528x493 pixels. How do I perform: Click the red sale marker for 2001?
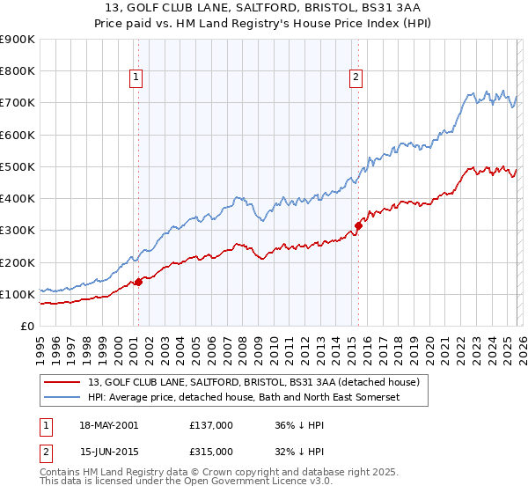pyautogui.click(x=138, y=283)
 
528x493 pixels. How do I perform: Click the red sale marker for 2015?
pyautogui.click(x=358, y=225)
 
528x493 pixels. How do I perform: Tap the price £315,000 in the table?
pyautogui.click(x=211, y=451)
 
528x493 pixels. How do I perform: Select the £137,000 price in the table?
pyautogui.click(x=211, y=425)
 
